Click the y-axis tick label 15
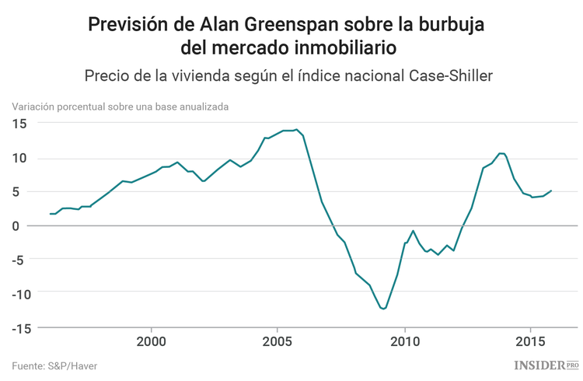19,124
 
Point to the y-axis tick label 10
19,158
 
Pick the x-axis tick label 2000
151,341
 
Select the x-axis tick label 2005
278,341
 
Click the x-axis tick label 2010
404,341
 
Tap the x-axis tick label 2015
531,341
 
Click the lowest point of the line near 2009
383,309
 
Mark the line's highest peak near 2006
296,129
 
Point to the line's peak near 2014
501,153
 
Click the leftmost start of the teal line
50,214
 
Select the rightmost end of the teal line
551,190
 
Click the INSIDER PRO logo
546,364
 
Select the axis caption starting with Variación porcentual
120,107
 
